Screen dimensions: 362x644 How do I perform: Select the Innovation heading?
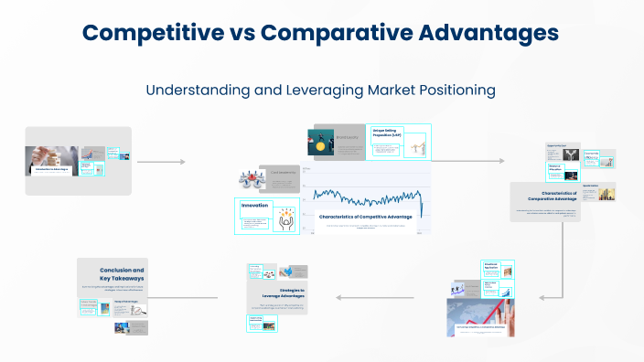[x=255, y=206]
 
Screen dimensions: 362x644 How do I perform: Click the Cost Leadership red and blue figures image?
[x=252, y=180]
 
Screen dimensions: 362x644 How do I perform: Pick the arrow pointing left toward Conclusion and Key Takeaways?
[x=195, y=297]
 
